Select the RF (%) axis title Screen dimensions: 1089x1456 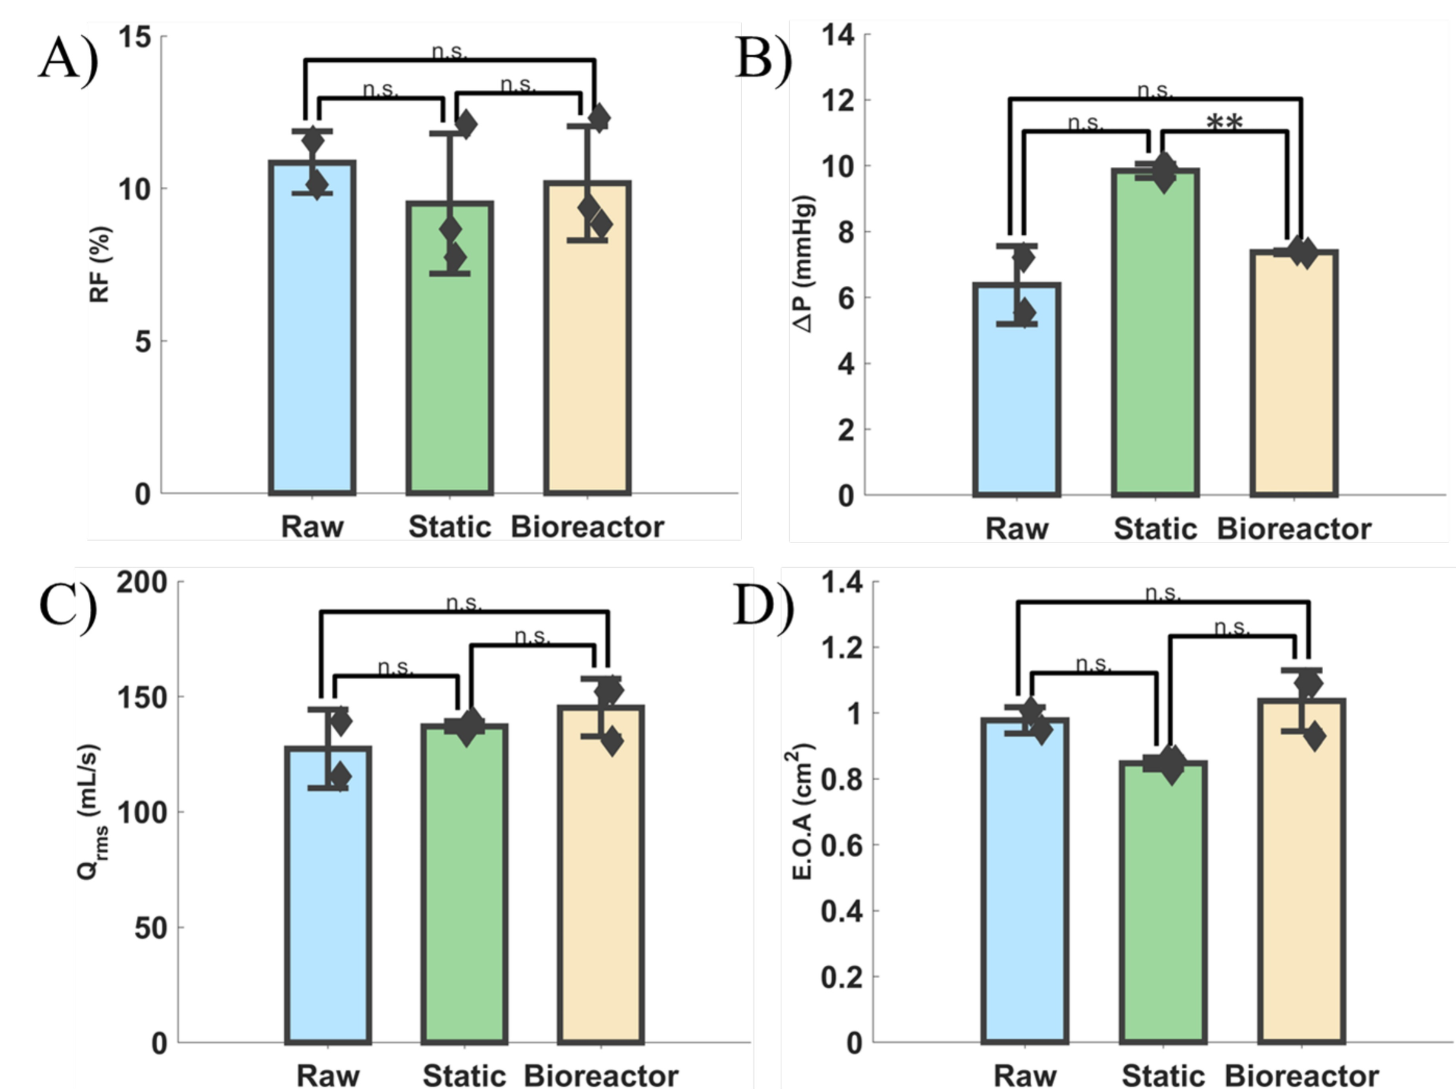click(100, 265)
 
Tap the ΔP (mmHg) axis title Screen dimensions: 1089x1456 click(805, 263)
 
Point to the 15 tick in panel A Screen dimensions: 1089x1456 click(134, 38)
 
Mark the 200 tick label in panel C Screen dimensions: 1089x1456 click(141, 582)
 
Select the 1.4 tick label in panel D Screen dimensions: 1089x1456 click(841, 582)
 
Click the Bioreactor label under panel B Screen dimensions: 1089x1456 click(1293, 528)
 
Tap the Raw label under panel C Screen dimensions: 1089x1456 click(328, 1076)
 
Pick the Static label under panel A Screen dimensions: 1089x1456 click(450, 527)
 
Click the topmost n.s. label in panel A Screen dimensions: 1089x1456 click(450, 52)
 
